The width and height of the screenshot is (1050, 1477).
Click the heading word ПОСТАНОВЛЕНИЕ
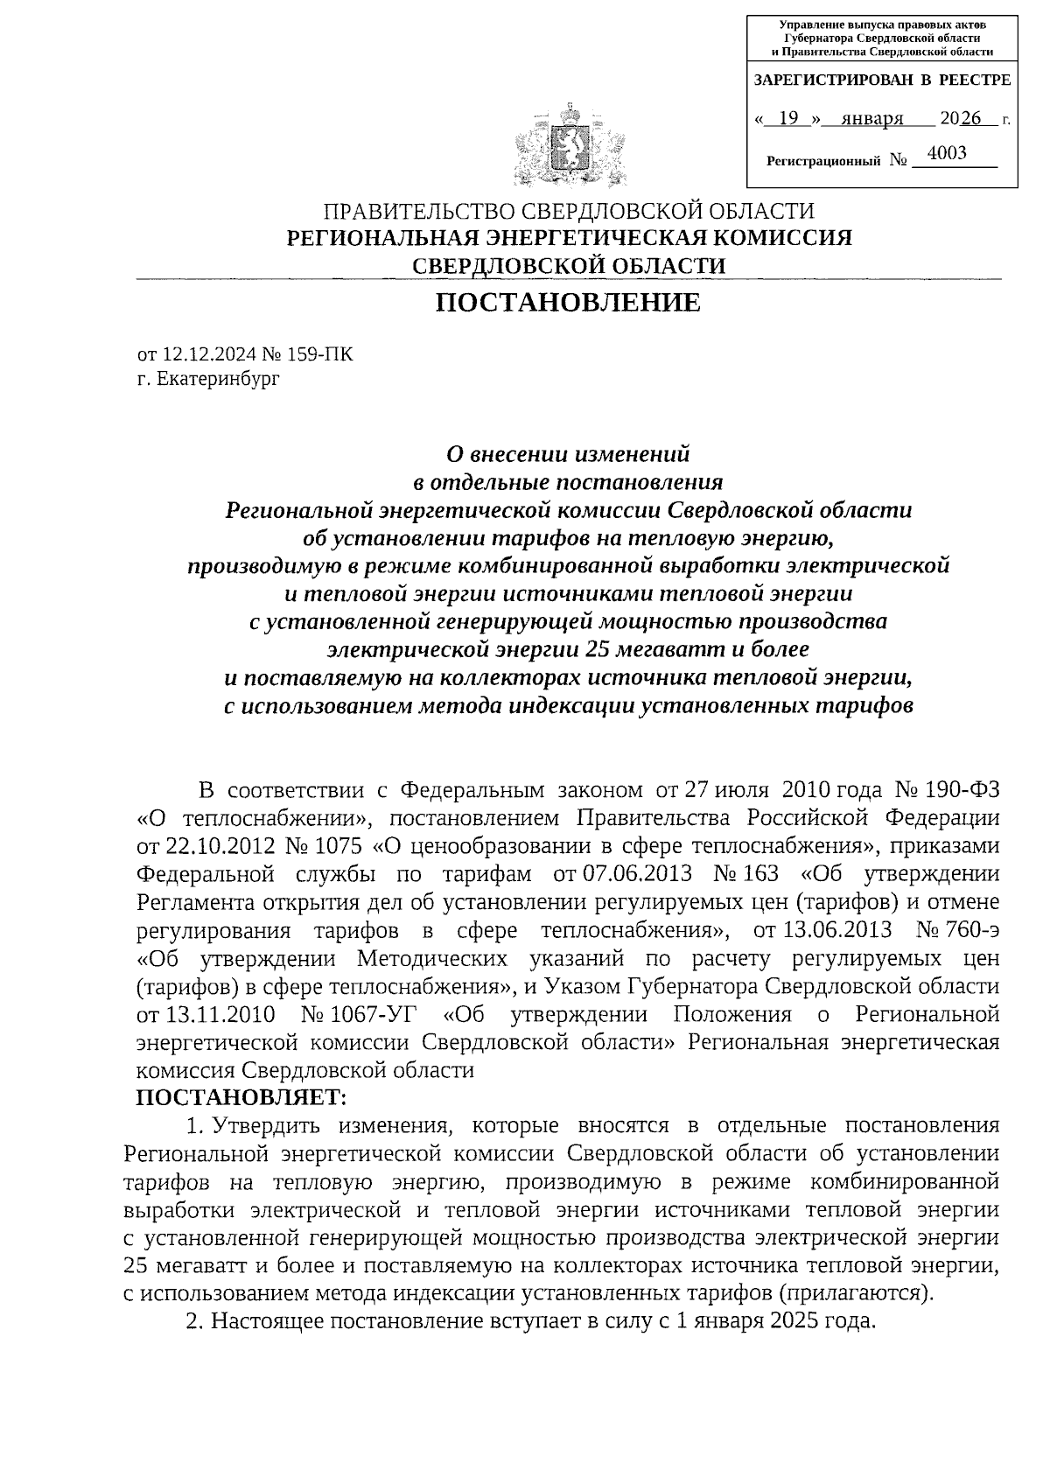(x=569, y=303)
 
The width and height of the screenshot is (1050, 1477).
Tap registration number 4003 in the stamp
(x=947, y=154)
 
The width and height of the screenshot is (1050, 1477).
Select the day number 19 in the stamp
(x=789, y=118)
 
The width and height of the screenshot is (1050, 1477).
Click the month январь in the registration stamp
(x=871, y=118)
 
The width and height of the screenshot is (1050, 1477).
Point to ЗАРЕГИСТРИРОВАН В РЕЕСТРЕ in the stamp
(x=882, y=80)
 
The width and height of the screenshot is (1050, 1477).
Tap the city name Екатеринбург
(x=218, y=379)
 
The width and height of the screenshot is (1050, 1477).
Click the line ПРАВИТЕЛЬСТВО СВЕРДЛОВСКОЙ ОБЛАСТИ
(x=569, y=211)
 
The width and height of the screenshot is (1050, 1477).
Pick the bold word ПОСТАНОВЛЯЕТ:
(x=242, y=1096)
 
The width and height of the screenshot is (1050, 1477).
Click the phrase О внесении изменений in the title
(x=568, y=454)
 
